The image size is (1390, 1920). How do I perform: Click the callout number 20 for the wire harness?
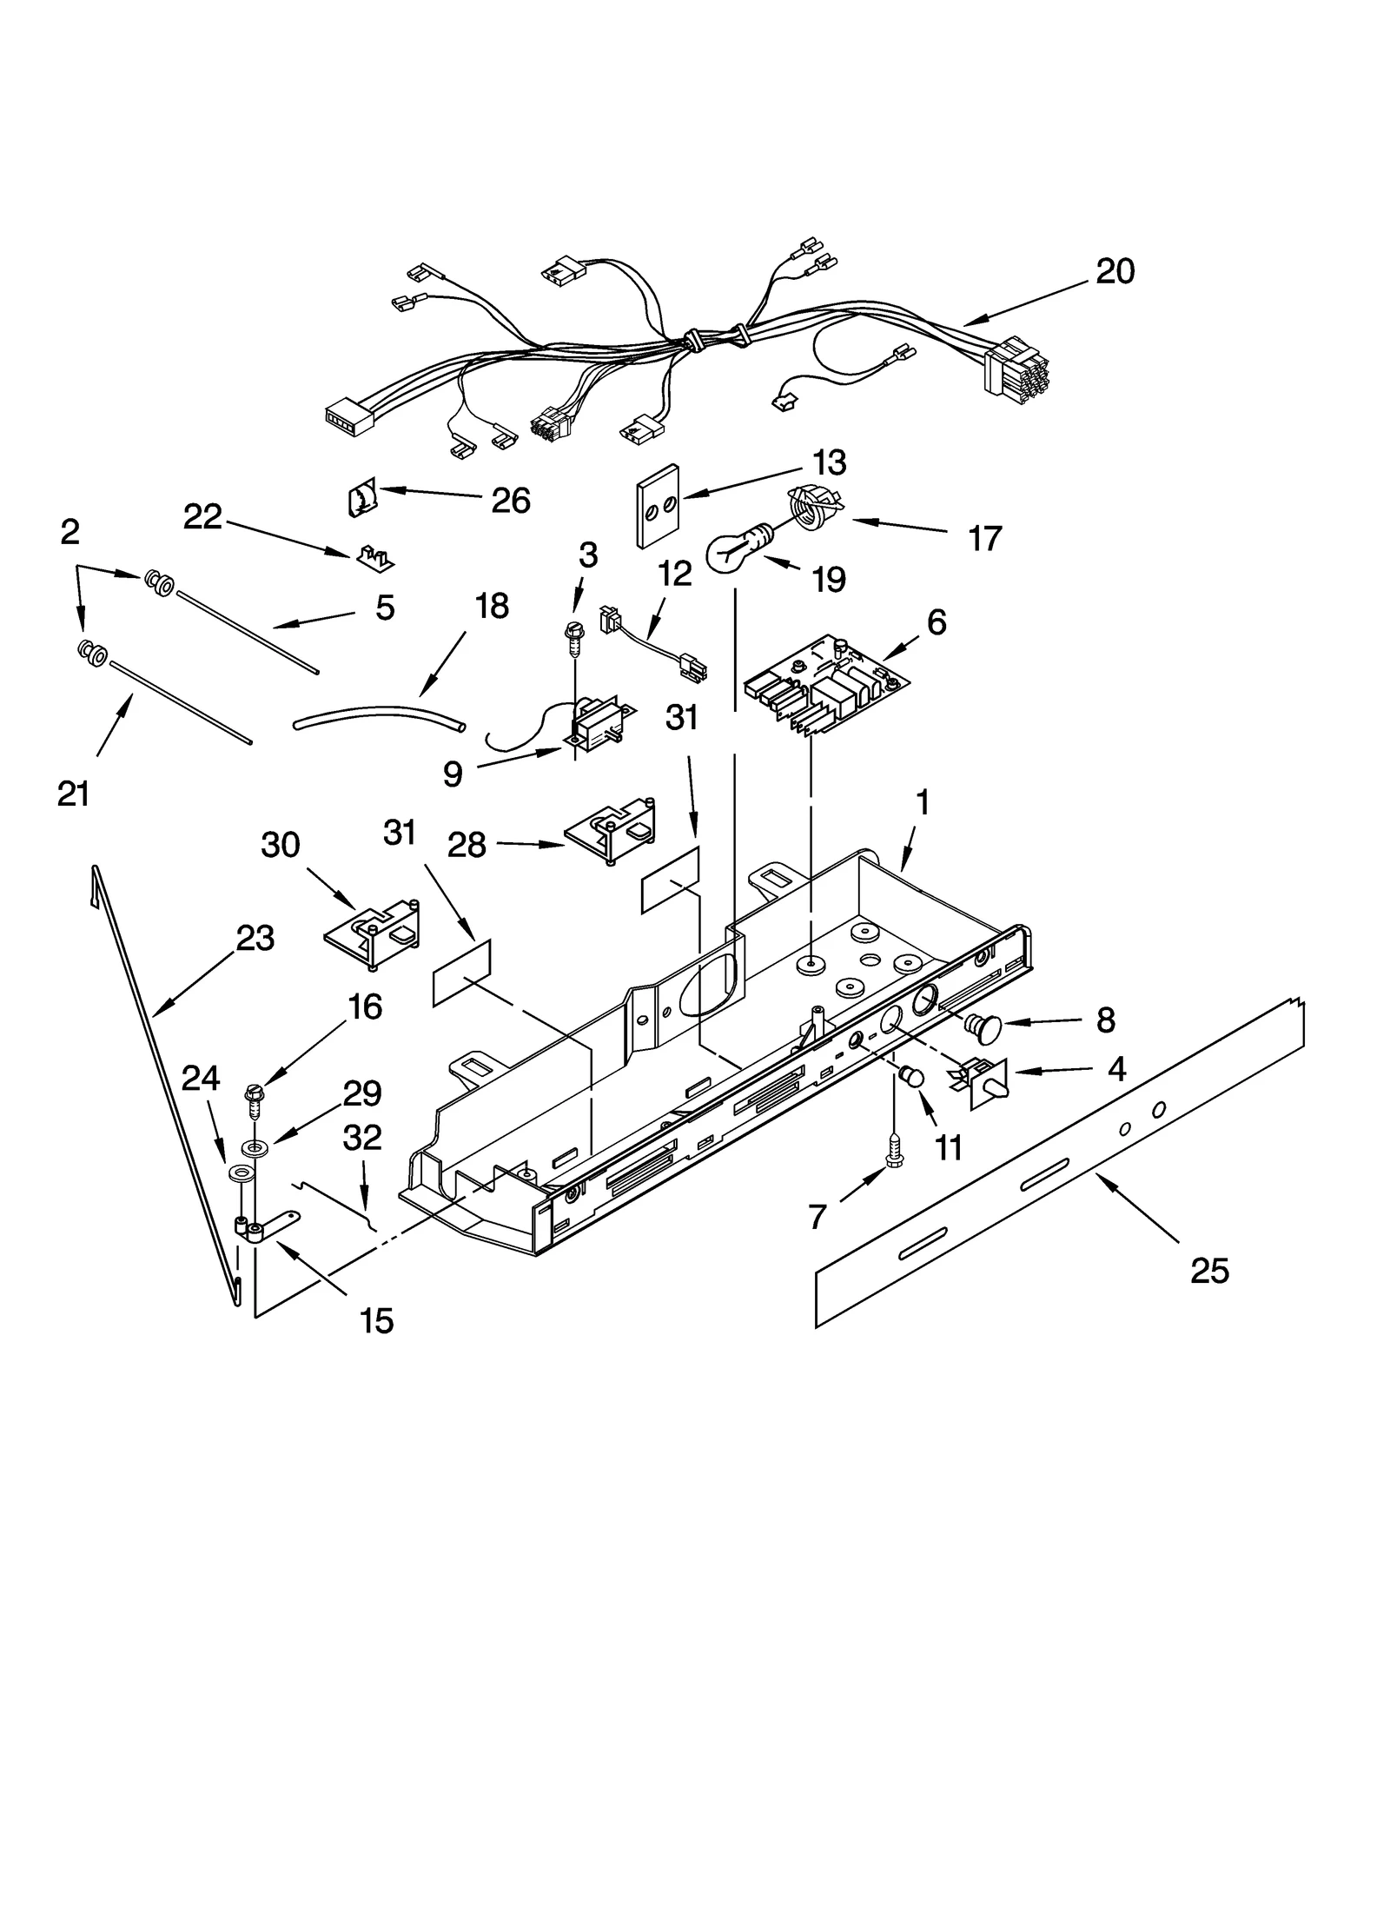pos(1115,272)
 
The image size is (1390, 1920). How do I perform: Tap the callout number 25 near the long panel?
pos(1209,1271)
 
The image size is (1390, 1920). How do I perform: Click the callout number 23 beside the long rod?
pos(255,938)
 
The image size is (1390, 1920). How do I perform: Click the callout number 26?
pos(510,501)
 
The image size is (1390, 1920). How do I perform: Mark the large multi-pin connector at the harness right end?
pos(1015,369)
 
